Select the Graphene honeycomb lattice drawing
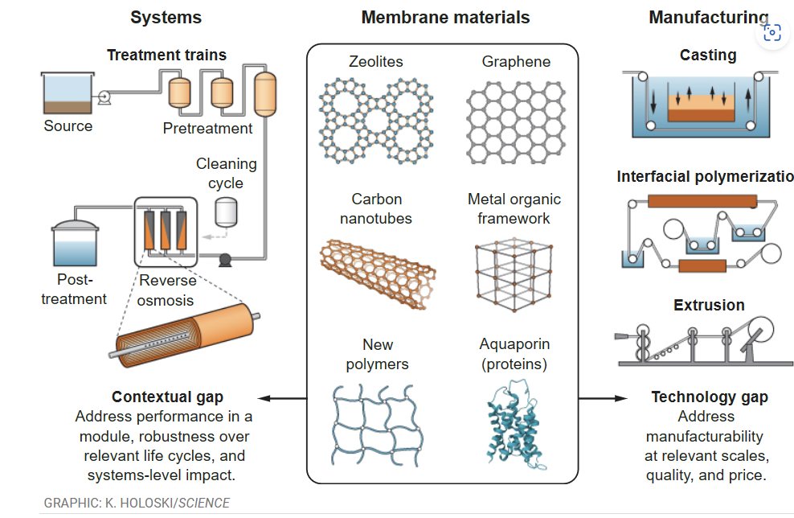516,121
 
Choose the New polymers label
377,354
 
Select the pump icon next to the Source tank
104,97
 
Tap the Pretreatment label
207,128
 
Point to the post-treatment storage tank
75,243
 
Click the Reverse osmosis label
167,290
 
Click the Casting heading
707,55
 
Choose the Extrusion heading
709,305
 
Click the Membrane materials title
445,18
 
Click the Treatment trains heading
166,55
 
